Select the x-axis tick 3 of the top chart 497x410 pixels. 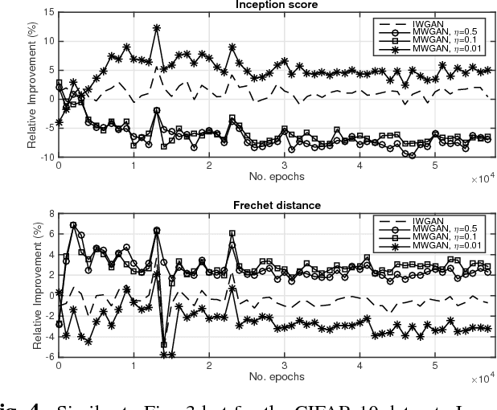284,166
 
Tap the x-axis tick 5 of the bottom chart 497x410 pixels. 435,367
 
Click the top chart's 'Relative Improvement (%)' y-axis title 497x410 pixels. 32,85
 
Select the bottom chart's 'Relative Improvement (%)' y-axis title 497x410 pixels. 32,286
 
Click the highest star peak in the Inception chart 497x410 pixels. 156,27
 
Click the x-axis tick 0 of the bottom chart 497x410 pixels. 58,367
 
